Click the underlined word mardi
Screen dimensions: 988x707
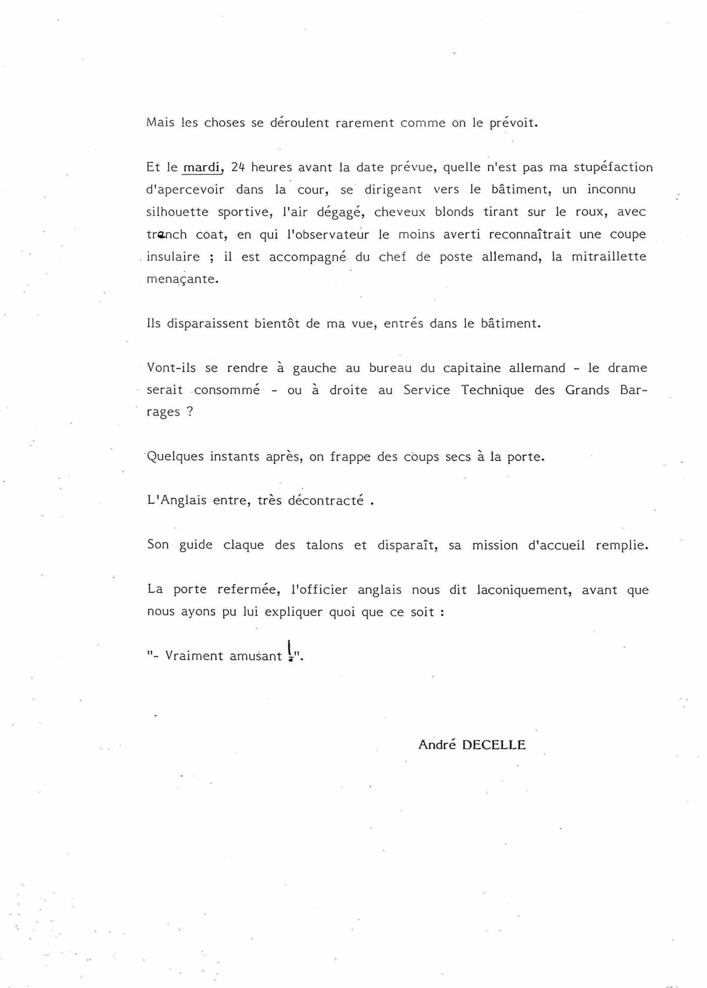click(x=202, y=167)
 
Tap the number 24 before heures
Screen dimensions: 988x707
click(x=237, y=167)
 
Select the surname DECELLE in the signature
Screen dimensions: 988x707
click(x=494, y=745)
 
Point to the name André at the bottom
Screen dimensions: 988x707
click(x=436, y=745)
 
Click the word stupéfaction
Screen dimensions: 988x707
click(x=613, y=167)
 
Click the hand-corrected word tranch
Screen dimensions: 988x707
click(x=166, y=234)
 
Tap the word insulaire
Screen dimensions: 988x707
click(x=173, y=256)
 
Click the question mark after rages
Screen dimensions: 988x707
click(x=189, y=412)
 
